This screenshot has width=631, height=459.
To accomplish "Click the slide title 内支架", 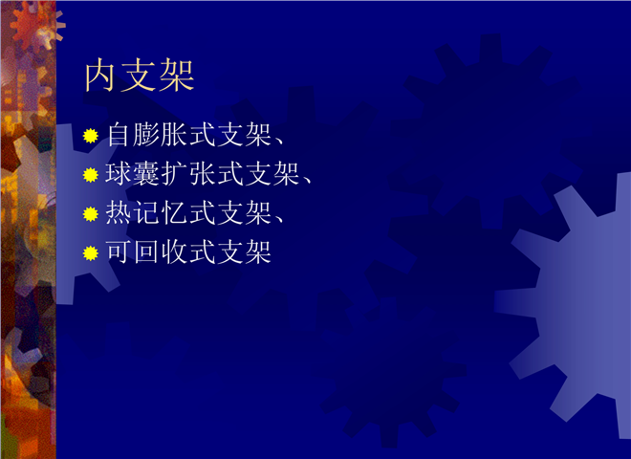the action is coord(140,76).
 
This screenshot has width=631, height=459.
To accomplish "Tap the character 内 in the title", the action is coord(100,76).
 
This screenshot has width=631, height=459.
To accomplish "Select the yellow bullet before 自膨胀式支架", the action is coord(91,136).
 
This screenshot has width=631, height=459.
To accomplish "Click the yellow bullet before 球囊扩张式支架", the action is coord(91,175).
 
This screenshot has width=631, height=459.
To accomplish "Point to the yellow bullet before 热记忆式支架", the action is coord(91,214).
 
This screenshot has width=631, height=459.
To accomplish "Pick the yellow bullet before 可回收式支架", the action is coord(91,253).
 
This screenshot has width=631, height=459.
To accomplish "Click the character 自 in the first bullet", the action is coord(119,135).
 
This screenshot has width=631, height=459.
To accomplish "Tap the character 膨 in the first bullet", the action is coord(146,135).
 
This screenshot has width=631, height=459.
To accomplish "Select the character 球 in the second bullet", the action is coord(119,174).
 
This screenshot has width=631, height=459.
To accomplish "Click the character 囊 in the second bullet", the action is coord(146,174).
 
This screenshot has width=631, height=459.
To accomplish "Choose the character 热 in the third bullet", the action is coord(119,213).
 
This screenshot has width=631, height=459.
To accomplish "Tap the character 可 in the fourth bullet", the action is coord(119,252).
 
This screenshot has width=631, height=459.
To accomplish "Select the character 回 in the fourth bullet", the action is coord(146,252).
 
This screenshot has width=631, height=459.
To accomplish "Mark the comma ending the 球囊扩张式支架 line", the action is coord(307,181).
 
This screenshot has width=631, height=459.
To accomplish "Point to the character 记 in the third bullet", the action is coord(146,213).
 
